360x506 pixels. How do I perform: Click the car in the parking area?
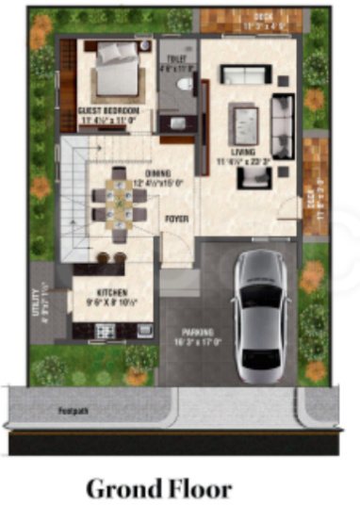tap(262, 317)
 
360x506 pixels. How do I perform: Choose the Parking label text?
tap(198, 333)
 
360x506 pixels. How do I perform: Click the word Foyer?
tap(176, 218)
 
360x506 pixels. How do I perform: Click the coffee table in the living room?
tap(246, 122)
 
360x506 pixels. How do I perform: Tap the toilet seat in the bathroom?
tap(184, 87)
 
